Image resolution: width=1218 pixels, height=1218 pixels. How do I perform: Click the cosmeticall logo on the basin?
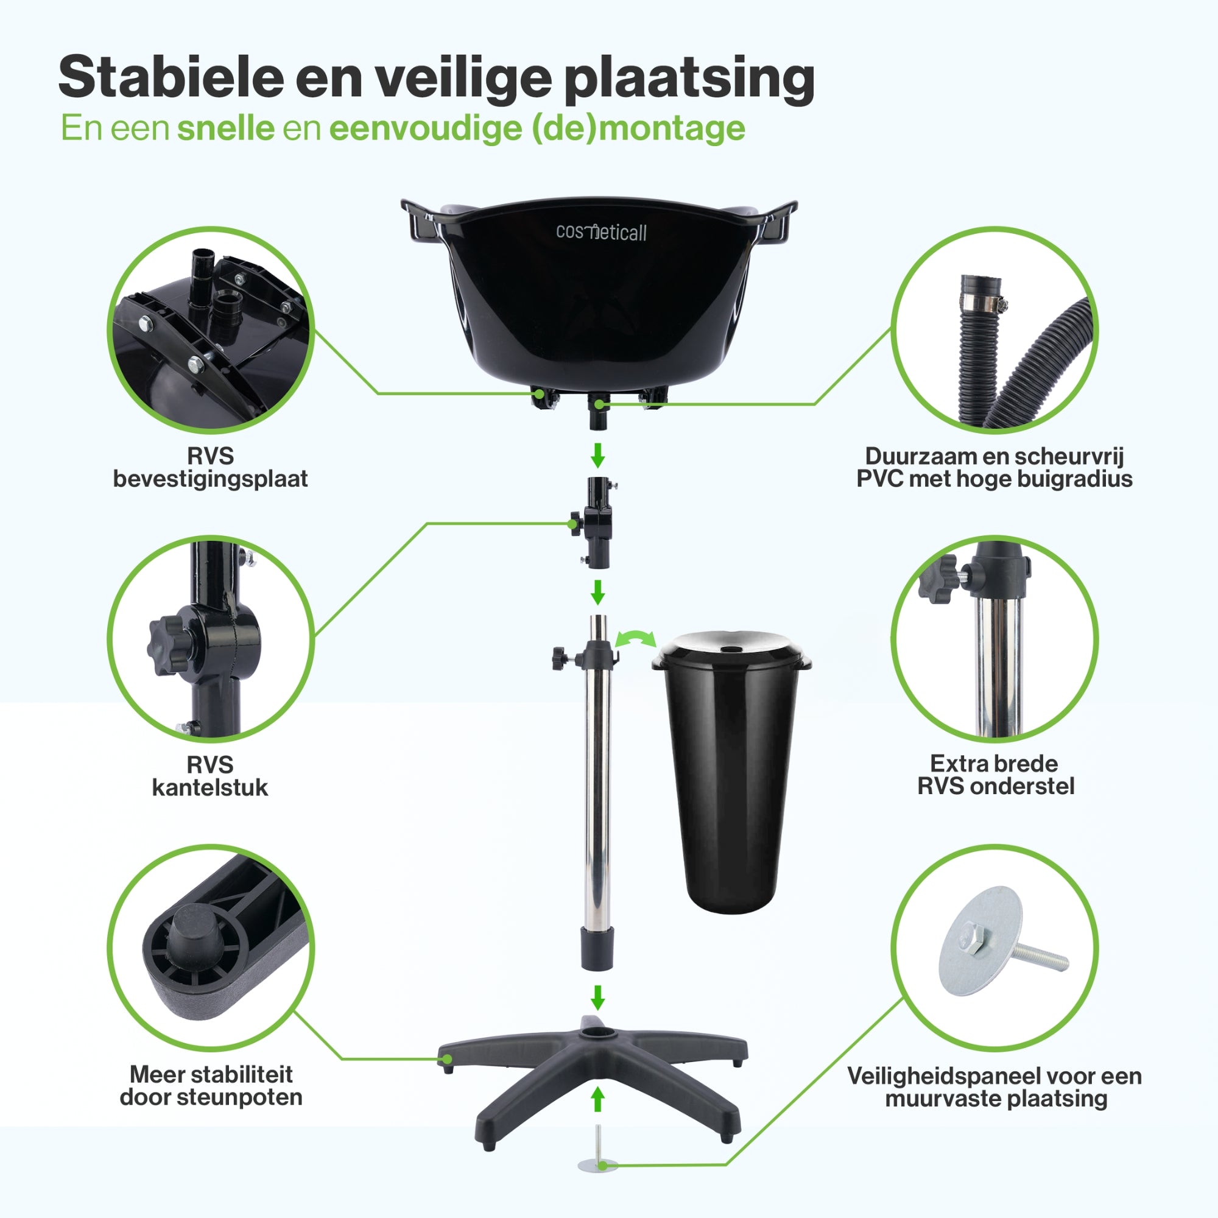[x=601, y=232]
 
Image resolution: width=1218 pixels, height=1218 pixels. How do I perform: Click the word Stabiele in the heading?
[x=172, y=77]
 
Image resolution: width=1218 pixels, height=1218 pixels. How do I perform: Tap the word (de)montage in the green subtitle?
[x=639, y=128]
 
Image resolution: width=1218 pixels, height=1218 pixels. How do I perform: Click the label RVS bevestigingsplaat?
[x=211, y=467]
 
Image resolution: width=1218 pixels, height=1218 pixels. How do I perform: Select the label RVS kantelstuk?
[x=211, y=776]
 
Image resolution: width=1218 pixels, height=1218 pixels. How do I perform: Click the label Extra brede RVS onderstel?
[x=996, y=775]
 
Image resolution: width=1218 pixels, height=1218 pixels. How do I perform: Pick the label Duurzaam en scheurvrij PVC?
[x=994, y=467]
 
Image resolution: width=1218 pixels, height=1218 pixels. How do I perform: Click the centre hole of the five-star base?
[x=597, y=1033]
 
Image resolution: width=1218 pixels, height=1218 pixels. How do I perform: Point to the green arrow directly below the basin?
[x=597, y=454]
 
